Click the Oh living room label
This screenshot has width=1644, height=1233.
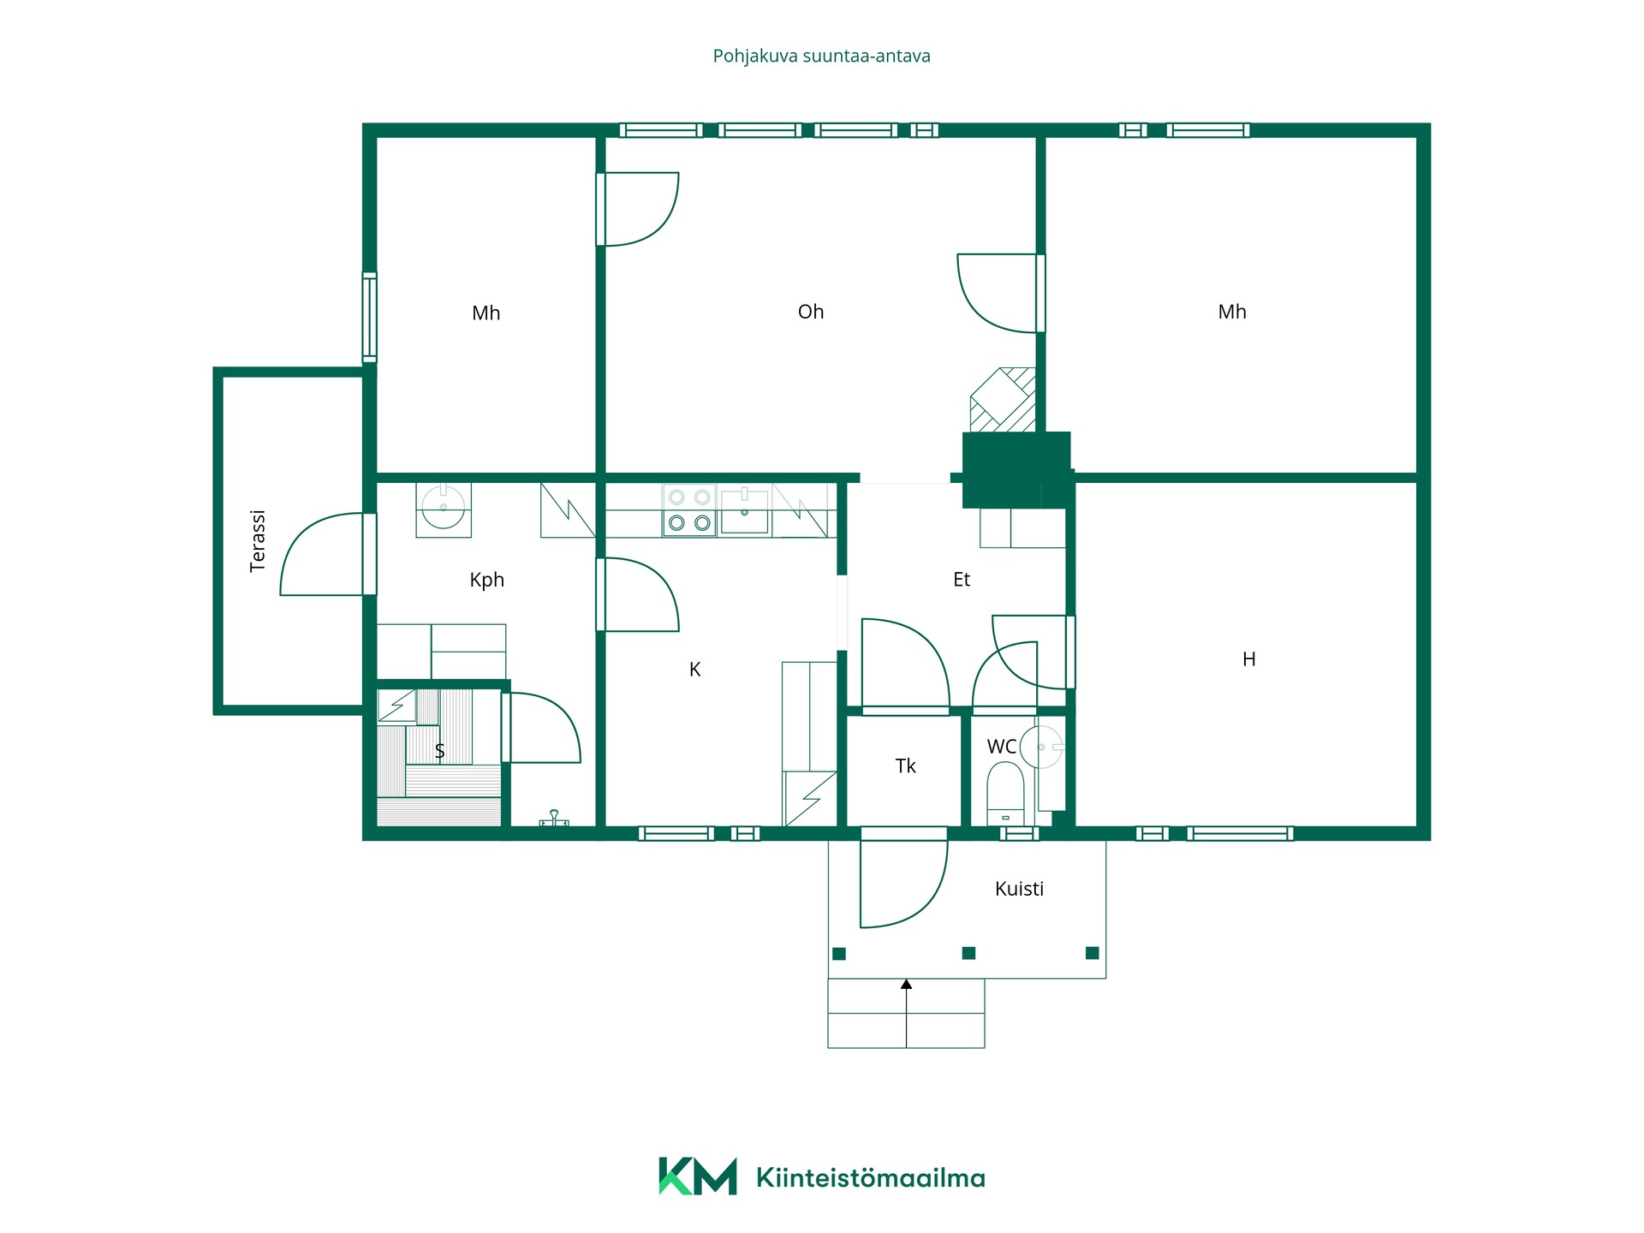(810, 312)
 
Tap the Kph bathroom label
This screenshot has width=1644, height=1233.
(486, 580)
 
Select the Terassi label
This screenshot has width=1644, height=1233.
(257, 540)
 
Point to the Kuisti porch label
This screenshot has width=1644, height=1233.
(1019, 889)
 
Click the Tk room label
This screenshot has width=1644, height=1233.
(905, 766)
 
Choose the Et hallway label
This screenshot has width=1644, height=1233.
(962, 580)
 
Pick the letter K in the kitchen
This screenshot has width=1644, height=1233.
(694, 670)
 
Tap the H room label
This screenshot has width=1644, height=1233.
(1248, 659)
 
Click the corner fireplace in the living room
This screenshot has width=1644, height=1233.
(1003, 399)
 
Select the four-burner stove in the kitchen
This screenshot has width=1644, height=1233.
(689, 510)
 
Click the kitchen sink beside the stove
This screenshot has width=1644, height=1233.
(744, 510)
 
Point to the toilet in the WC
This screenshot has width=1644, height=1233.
(1005, 793)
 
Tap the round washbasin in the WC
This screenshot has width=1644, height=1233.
(1041, 747)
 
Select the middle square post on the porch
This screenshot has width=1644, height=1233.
(968, 953)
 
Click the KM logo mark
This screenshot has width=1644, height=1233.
(697, 1176)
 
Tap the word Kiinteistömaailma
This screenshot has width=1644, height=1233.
(870, 1177)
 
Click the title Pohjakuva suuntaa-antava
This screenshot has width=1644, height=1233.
(821, 57)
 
